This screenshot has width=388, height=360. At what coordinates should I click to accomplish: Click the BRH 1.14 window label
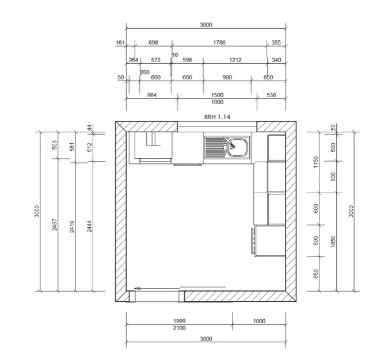click(217, 117)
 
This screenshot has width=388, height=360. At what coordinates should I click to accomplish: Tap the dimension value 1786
click(219, 43)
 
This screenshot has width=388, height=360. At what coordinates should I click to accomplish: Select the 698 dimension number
click(153, 43)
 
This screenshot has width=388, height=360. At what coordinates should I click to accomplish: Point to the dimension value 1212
click(235, 60)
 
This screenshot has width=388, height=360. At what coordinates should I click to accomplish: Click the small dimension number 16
click(175, 55)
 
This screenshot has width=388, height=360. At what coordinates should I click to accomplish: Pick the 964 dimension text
click(151, 95)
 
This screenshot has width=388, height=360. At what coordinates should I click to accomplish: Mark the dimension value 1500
click(217, 95)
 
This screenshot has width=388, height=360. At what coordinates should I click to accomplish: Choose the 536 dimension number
click(271, 95)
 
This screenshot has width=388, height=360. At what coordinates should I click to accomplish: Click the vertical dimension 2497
click(55, 224)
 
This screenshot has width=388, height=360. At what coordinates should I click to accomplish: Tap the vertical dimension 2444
click(90, 226)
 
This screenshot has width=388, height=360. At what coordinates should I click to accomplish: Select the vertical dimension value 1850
click(333, 241)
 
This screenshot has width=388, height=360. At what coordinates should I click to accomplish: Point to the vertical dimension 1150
click(315, 162)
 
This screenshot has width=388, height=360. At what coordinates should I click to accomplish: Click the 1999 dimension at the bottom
click(180, 321)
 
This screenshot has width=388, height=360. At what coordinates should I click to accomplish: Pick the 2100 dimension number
click(180, 328)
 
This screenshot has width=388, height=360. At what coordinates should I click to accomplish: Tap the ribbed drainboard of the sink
click(215, 148)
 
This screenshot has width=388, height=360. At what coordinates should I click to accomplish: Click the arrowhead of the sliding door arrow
click(137, 288)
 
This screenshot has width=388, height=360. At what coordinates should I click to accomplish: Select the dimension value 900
click(227, 78)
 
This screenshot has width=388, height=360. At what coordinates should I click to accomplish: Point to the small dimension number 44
click(90, 128)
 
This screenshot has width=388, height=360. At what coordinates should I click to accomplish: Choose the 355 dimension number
click(276, 43)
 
